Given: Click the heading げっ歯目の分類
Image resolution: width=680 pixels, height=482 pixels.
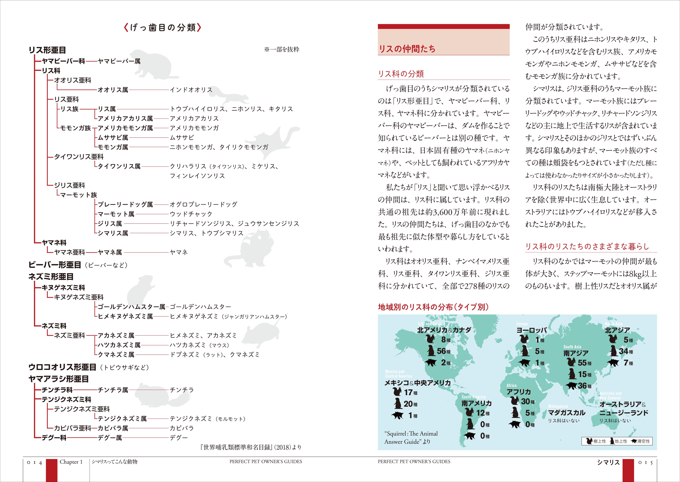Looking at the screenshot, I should tap(163, 28).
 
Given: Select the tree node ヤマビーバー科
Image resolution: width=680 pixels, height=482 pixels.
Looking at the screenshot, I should tap(63, 61).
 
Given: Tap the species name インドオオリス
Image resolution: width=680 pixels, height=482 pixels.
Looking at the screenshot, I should tap(191, 90).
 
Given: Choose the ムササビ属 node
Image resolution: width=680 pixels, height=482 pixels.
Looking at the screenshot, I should tap(113, 137).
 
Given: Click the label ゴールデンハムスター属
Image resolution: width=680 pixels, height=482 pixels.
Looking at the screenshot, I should tap(131, 307).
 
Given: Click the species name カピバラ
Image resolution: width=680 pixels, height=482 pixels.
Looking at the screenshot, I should tap(182, 428).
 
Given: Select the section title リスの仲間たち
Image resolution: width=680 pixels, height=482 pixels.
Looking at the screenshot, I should tap(407, 49).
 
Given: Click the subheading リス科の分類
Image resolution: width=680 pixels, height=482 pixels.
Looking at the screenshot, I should tap(401, 74).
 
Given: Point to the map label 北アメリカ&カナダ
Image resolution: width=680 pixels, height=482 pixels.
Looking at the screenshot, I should tap(444, 330).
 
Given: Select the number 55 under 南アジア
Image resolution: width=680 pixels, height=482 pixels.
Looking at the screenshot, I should tap(582, 363).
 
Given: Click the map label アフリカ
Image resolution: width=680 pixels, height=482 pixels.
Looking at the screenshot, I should tap(519, 392).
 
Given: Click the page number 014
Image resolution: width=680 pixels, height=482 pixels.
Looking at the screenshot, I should tap(35, 463).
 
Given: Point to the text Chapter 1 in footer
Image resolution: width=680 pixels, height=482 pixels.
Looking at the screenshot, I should tap(71, 462).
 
